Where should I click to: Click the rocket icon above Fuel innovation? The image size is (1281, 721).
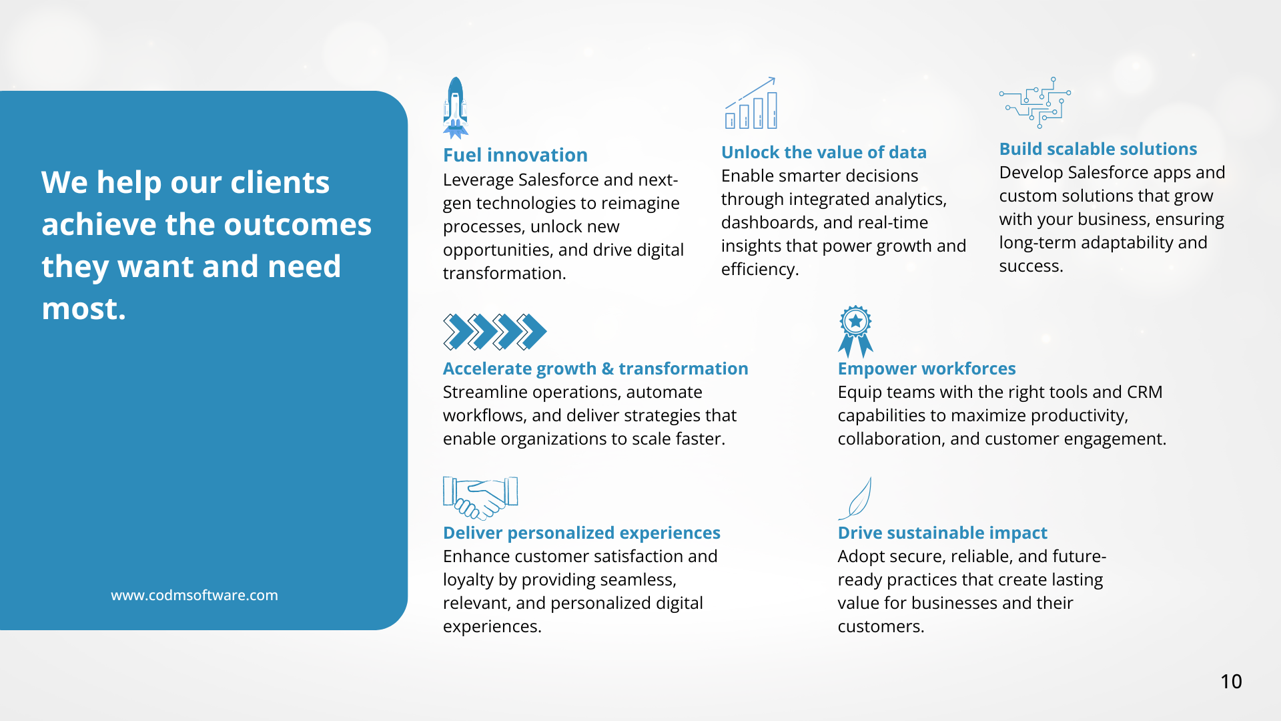[456, 107]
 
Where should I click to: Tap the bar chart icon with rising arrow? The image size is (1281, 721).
[751, 103]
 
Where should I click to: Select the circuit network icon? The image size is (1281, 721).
[1035, 102]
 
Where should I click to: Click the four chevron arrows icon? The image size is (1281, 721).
[494, 332]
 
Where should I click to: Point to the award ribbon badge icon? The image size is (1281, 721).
[855, 331]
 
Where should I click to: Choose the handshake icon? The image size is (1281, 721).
[480, 498]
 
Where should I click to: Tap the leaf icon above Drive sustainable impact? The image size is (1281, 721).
[855, 498]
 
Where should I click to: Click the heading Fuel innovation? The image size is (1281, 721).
[515, 155]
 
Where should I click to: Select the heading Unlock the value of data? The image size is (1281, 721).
[824, 152]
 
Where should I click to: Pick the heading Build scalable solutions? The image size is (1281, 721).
[1098, 149]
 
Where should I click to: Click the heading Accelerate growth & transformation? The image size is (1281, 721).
[596, 369]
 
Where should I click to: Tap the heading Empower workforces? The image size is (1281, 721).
[927, 369]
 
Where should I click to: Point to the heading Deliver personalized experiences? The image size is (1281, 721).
[582, 533]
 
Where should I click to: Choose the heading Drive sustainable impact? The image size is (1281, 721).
[943, 533]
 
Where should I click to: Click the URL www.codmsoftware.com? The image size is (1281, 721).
[194, 595]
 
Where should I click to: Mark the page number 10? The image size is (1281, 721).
[1231, 681]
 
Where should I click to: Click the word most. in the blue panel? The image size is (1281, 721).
[83, 308]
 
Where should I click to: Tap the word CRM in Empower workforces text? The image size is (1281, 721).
[1144, 392]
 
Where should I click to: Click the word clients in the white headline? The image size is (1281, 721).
[280, 182]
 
